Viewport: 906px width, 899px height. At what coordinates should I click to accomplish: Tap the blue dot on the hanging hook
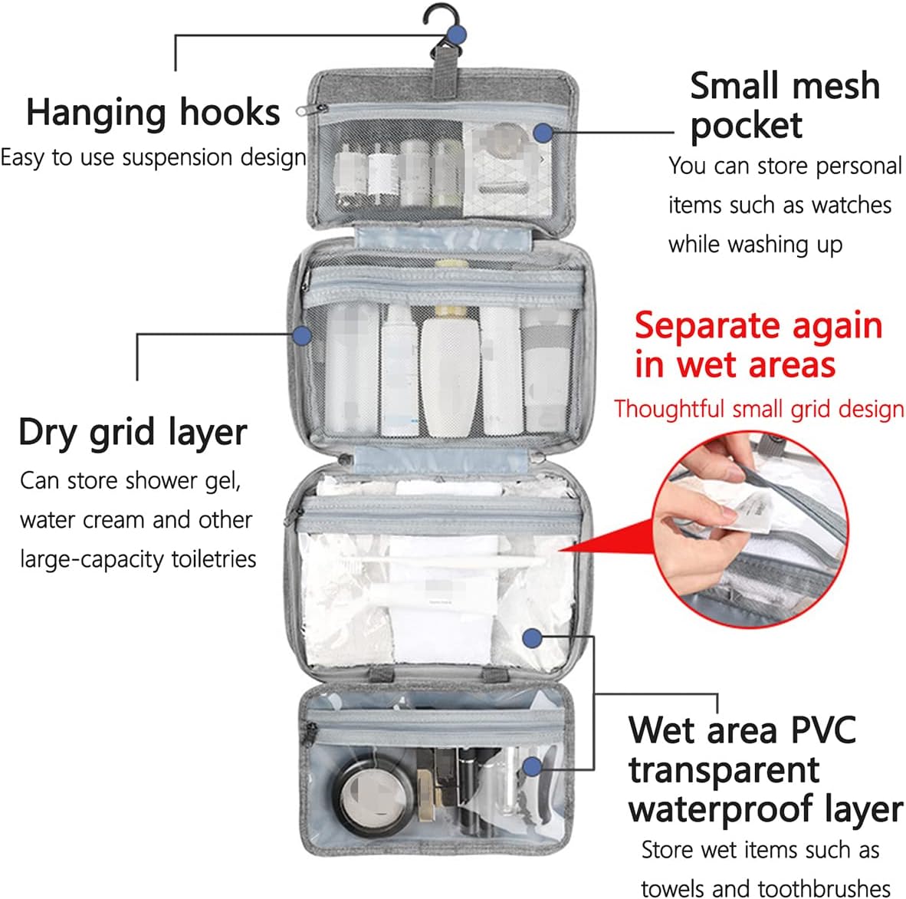coord(457,34)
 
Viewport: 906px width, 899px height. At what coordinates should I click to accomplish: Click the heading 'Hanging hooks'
coord(153,113)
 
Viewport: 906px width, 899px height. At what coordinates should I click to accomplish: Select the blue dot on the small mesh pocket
coord(543,132)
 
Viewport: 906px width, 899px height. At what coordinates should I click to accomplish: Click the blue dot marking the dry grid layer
coord(302,334)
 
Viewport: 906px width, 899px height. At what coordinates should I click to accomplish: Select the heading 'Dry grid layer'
coord(133,433)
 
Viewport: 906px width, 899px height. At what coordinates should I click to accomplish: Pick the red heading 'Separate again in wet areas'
coord(757,344)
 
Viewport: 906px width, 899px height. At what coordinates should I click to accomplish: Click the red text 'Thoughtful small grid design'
coord(759,409)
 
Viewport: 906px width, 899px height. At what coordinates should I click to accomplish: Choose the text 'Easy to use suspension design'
coord(153,158)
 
